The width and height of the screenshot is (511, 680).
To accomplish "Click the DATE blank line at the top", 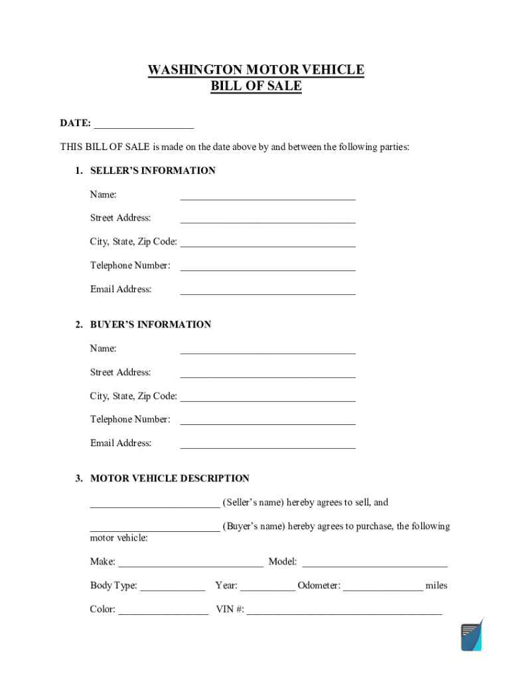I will pos(144,124).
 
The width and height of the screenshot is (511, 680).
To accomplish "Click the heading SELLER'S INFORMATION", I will pos(153,171).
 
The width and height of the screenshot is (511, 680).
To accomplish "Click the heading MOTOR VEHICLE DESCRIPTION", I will pos(169,479).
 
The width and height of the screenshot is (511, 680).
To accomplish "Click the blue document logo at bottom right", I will pos(472,636).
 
